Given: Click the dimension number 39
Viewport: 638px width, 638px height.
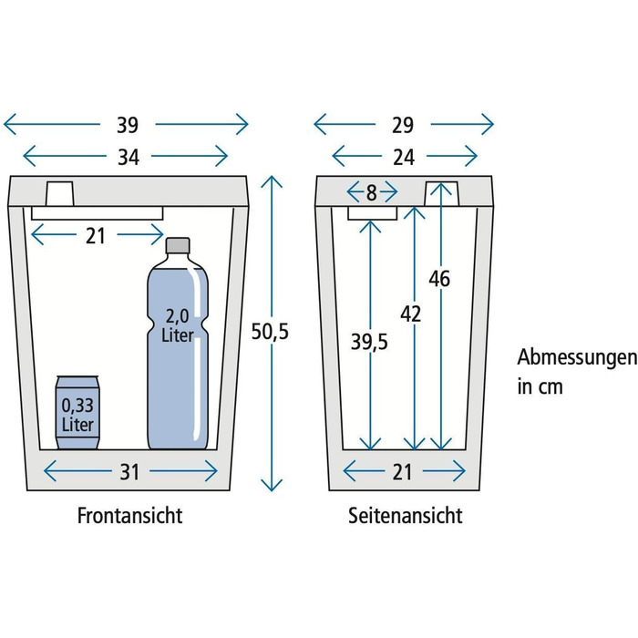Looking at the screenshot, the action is point(128,125).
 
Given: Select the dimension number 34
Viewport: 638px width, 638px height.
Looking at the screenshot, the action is point(129,157).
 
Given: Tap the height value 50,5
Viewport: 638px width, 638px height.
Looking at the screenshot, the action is point(270,331).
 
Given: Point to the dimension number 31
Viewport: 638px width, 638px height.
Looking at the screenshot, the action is point(129,472).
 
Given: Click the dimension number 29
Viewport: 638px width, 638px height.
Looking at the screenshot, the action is point(403,125).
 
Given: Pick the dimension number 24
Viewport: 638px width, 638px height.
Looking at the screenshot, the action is point(404,157).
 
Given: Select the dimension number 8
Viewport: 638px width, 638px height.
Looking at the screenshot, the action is point(372,193).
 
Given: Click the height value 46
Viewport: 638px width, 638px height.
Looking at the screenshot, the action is point(439,279).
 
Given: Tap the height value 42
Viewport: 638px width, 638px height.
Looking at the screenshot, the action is point(410,314).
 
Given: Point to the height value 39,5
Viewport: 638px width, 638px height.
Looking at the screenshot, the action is point(369,342).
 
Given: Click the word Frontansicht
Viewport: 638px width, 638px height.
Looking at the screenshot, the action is point(129,516).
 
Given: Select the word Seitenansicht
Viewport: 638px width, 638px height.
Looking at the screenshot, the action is point(406,516).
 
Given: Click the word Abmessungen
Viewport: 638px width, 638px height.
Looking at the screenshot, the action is point(577,357).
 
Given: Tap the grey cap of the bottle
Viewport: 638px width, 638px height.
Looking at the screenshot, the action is point(178,245).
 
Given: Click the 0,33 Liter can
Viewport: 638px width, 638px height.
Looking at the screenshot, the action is point(77,413).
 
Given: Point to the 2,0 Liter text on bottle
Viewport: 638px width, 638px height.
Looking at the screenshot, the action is point(178,325).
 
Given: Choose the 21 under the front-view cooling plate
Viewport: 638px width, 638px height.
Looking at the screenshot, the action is point(96,236).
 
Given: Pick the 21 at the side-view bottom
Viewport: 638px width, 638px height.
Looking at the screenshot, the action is point(403,472).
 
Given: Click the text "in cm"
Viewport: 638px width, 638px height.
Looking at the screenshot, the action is point(540,386).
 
